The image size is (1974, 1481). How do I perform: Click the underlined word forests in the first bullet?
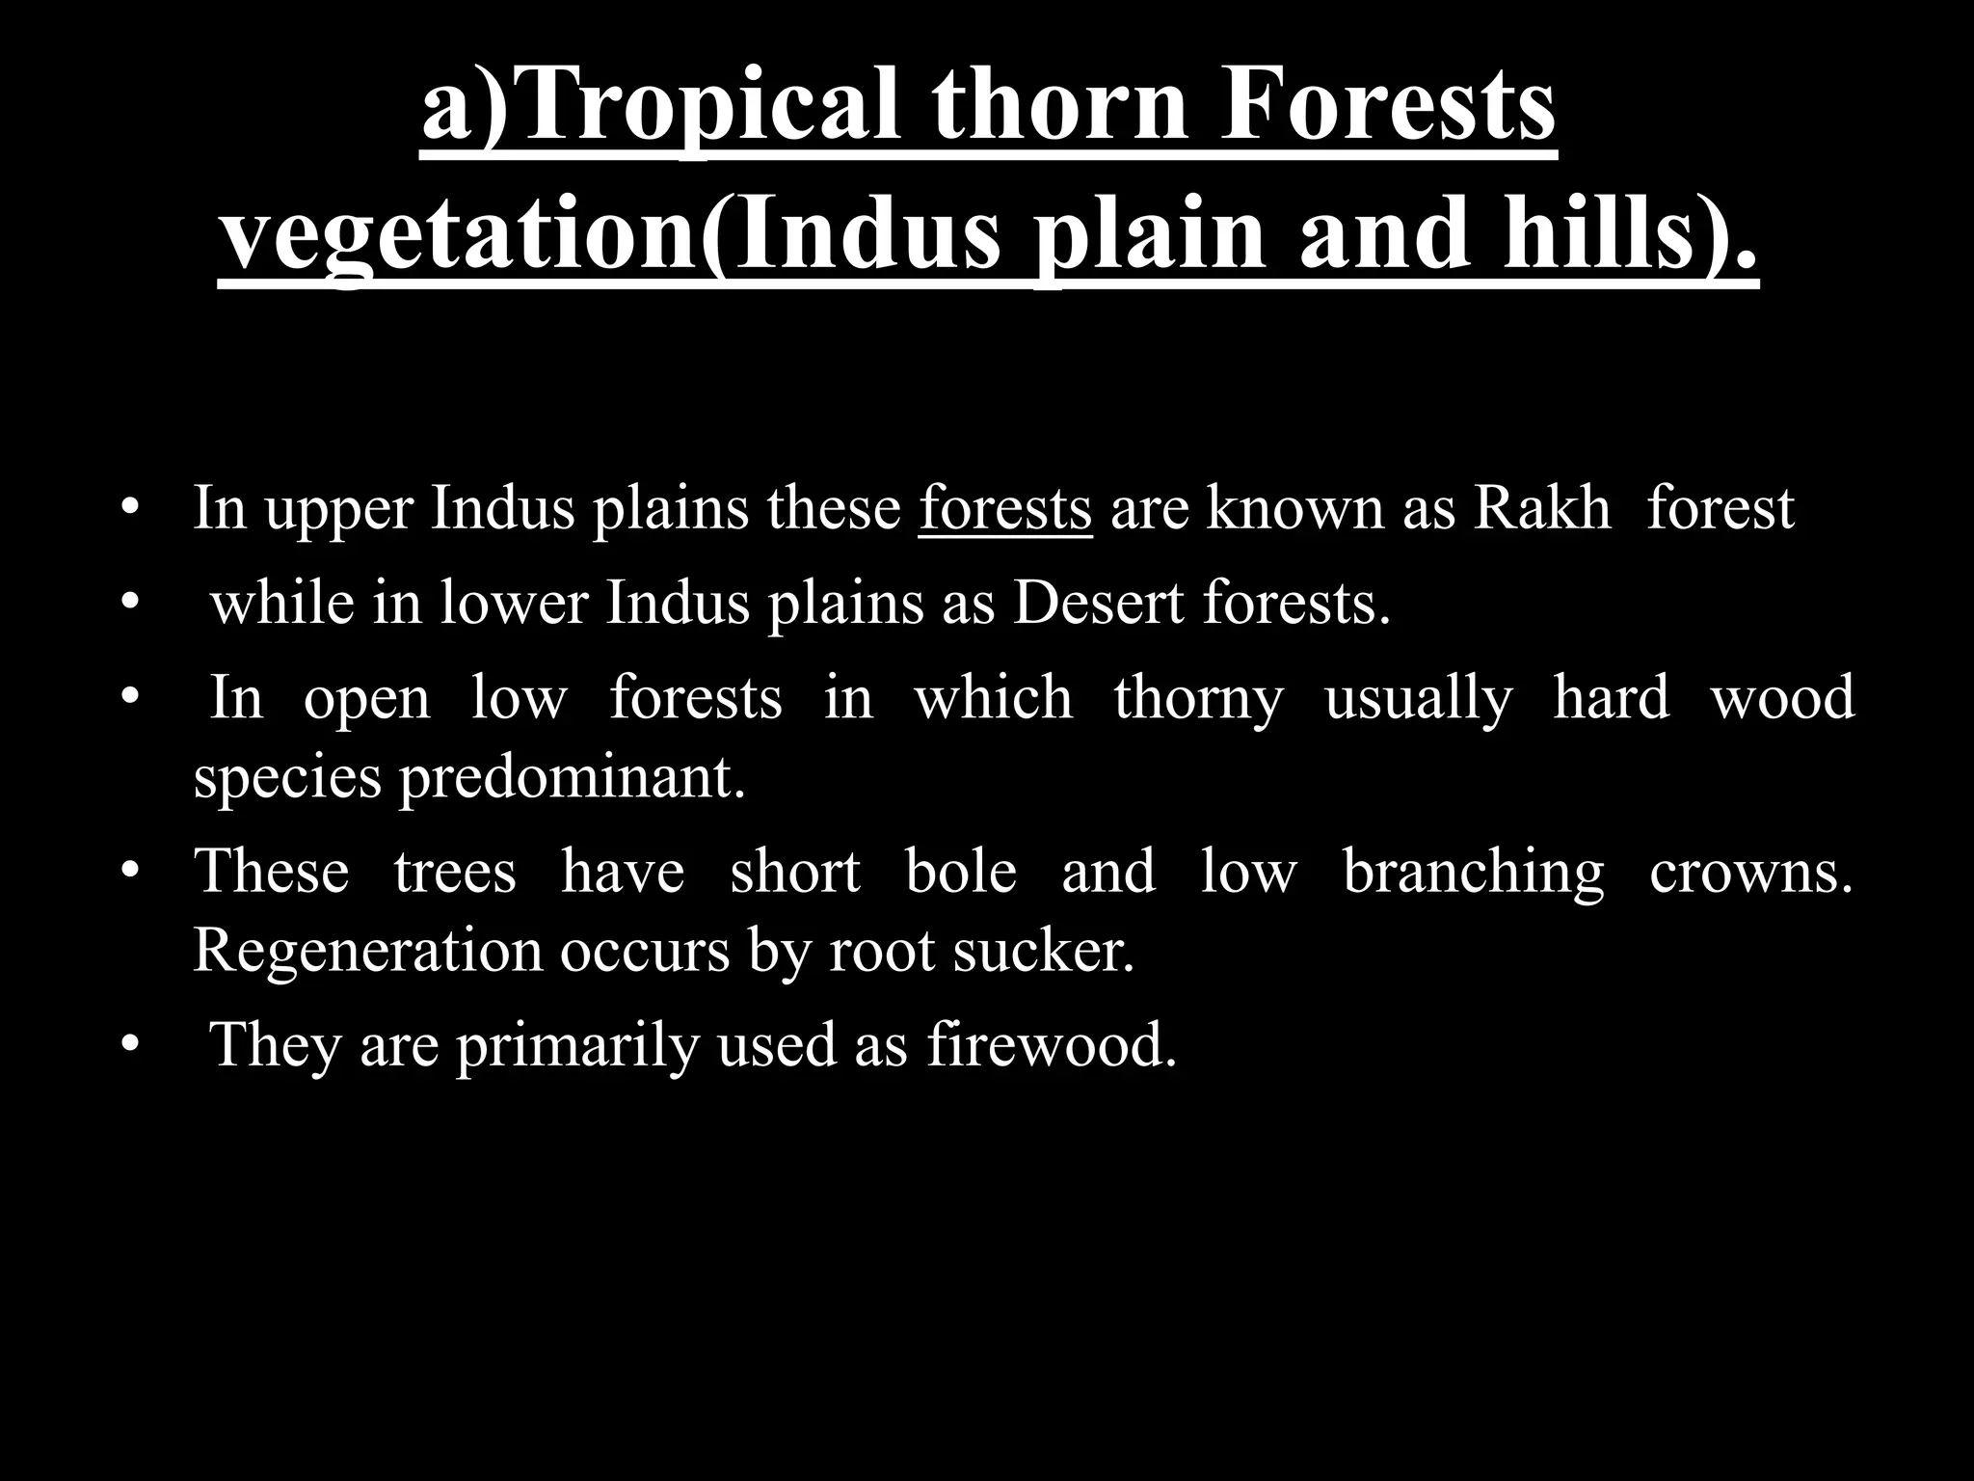coord(1005,508)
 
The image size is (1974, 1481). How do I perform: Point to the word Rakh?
coord(1542,508)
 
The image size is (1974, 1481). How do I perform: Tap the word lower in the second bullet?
coord(514,604)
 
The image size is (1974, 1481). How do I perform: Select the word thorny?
coord(1198,699)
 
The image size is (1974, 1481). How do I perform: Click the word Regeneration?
coord(368,952)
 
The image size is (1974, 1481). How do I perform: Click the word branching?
coord(1473,873)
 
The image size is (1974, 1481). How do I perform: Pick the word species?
coord(287,779)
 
